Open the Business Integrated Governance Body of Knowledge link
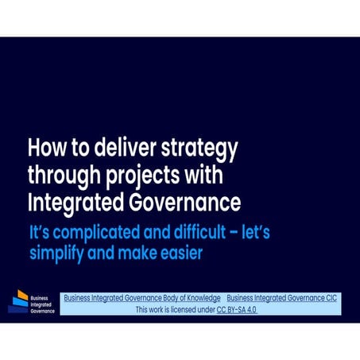142,298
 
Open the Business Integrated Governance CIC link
281,298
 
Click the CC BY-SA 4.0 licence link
236,310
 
